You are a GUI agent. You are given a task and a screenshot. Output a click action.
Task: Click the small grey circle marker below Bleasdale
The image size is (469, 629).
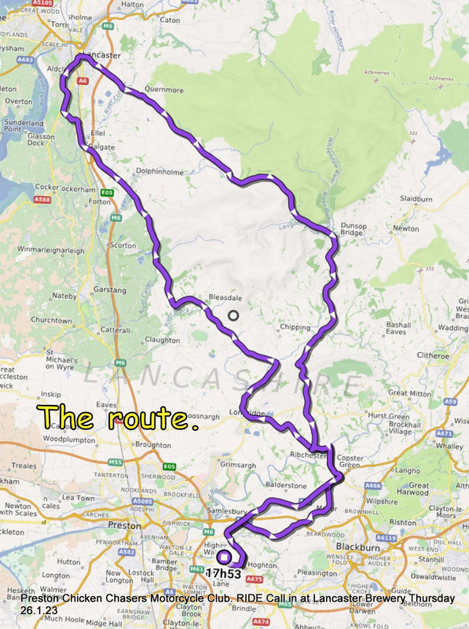(233, 315)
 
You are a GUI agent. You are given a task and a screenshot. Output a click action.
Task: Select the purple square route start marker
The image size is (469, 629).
(224, 557)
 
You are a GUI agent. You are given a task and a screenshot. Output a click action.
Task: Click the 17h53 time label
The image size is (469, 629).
(224, 573)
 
